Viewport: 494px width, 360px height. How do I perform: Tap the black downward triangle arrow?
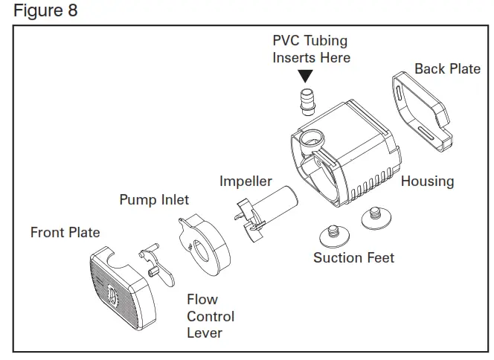tap(305, 76)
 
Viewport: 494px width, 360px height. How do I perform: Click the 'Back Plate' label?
tap(447, 69)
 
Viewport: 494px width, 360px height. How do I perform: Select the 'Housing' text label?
tap(427, 181)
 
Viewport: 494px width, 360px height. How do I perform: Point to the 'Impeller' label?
tap(246, 181)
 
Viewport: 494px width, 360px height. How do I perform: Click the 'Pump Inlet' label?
tap(154, 200)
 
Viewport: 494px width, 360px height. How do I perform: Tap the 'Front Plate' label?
tap(65, 233)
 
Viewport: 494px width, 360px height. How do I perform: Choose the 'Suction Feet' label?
tap(353, 258)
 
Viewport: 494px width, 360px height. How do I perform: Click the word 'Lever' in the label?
tap(205, 333)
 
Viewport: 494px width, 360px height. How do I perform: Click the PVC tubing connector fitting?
tap(305, 100)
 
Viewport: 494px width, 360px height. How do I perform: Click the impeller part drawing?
tap(264, 208)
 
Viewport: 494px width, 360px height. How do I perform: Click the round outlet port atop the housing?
tap(312, 138)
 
